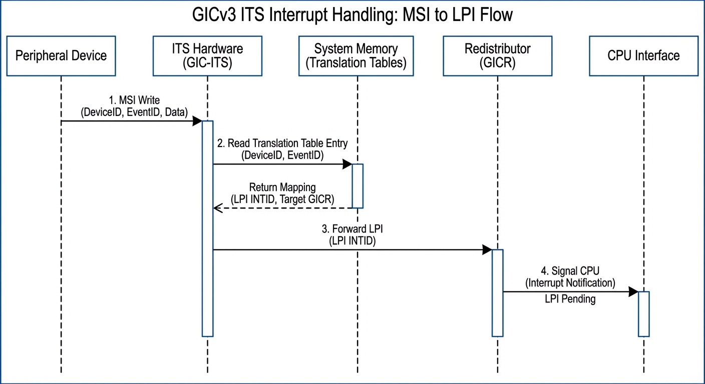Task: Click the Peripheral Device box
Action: tap(61, 55)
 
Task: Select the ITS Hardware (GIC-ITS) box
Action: tap(207, 55)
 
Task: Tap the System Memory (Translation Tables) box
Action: tap(356, 55)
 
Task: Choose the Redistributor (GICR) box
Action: tap(497, 55)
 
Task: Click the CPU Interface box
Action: tap(643, 55)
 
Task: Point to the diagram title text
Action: tap(352, 15)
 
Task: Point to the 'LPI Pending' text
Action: tap(570, 299)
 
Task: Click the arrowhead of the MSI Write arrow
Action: tap(197, 121)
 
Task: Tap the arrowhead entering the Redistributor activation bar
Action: tap(487, 249)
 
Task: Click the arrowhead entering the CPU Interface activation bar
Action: tap(633, 291)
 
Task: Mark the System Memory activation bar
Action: tap(357, 185)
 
